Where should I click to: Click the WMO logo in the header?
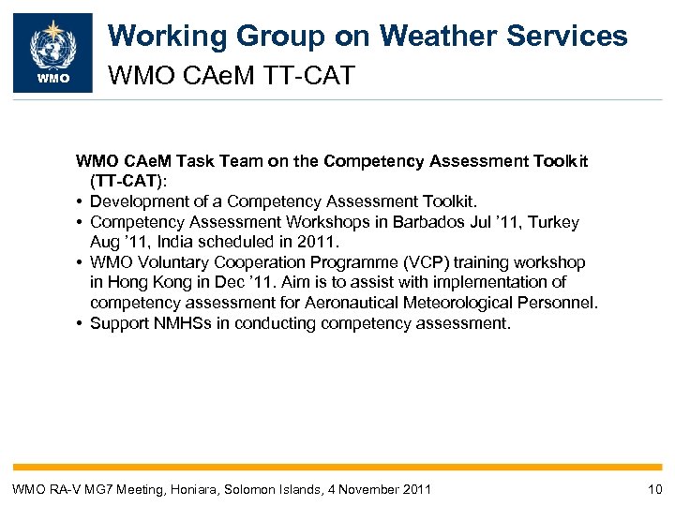tap(52, 52)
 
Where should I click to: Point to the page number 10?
tap(654, 489)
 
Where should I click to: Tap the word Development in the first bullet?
tap(134, 201)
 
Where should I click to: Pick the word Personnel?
tap(559, 303)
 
